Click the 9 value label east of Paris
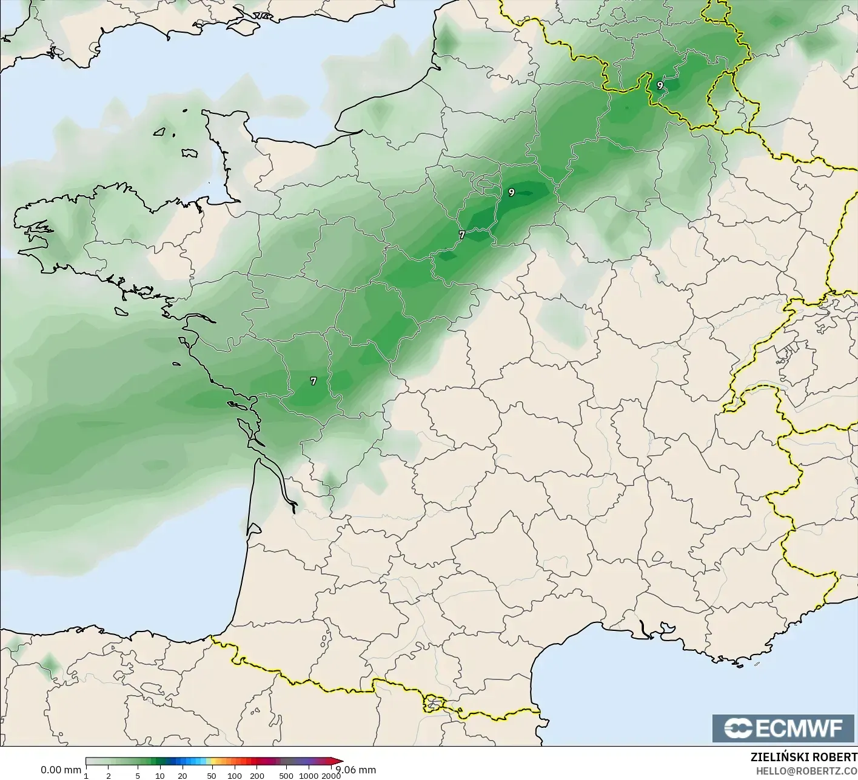point(512,193)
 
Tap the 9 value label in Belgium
point(660,85)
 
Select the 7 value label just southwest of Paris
point(461,235)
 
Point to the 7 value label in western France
point(313,381)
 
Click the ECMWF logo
point(784,728)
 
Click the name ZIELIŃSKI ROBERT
point(803,758)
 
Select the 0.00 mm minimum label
point(61,770)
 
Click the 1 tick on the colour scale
point(86,776)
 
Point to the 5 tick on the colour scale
point(138,776)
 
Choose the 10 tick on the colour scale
point(159,776)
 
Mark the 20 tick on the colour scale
point(182,776)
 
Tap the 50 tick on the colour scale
point(212,776)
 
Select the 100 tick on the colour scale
point(235,776)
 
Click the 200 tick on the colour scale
point(257,776)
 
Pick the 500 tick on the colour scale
point(286,776)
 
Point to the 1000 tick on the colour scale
point(309,776)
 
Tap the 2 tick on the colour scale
point(109,776)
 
